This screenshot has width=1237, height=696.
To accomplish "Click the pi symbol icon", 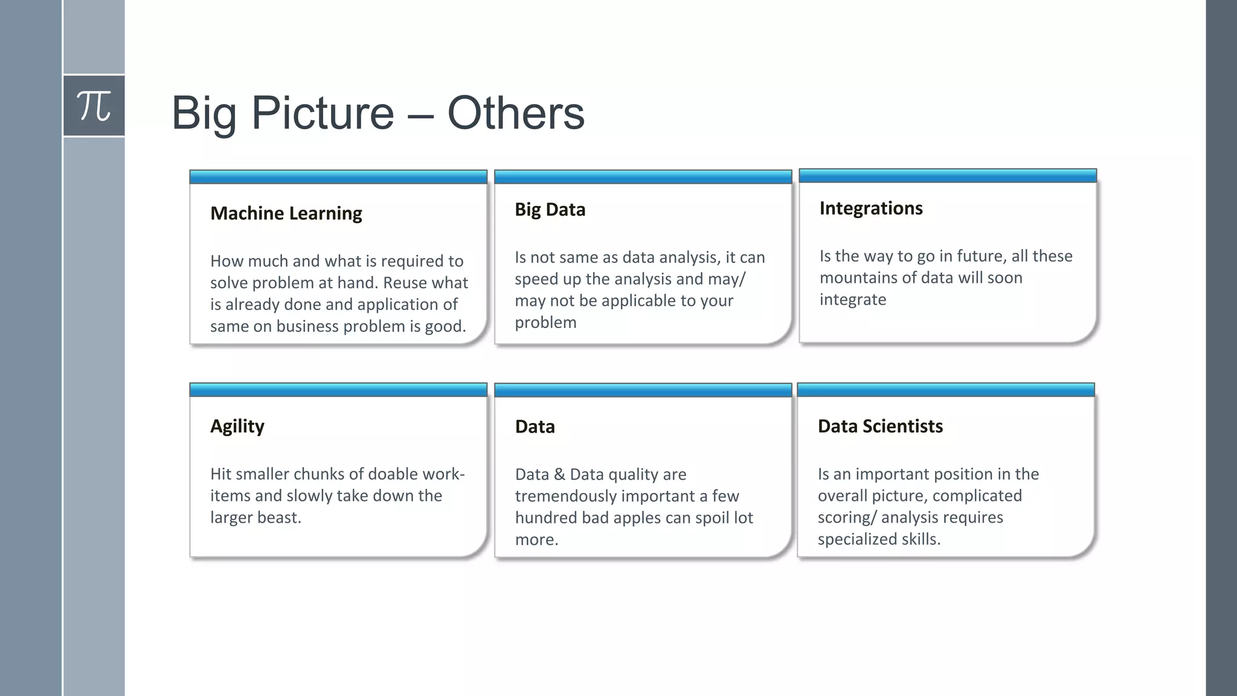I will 94,106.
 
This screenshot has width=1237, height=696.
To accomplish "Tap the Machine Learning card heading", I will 286,213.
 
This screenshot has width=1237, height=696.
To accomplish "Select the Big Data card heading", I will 550,210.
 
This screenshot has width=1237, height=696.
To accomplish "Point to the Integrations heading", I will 870,208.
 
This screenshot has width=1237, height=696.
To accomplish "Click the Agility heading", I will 237,427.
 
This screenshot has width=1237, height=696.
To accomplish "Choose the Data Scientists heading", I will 879,427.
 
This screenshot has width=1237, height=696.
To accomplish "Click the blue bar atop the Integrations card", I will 947,176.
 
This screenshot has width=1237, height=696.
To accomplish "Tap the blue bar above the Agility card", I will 338,390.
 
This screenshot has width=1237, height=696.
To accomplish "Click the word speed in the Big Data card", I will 536,279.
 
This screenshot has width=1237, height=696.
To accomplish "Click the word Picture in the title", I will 323,113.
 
